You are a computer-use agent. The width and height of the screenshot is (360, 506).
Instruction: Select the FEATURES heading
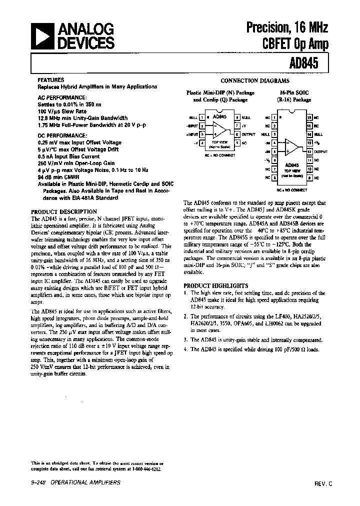(50, 80)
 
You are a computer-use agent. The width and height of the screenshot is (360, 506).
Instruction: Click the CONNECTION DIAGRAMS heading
(255, 80)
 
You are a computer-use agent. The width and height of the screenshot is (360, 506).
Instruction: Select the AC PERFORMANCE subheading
(61, 98)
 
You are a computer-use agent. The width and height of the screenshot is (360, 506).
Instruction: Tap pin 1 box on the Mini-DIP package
(201, 117)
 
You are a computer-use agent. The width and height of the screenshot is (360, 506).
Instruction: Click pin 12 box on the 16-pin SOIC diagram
(309, 151)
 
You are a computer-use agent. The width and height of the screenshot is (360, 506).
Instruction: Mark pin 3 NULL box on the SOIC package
(274, 134)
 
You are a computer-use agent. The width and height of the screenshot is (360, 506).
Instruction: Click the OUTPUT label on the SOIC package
(321, 151)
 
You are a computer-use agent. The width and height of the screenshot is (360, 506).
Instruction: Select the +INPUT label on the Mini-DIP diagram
(191, 134)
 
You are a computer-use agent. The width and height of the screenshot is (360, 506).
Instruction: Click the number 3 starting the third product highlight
(185, 339)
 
